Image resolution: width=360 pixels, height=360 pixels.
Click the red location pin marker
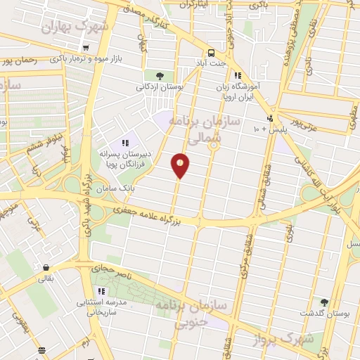(181, 165)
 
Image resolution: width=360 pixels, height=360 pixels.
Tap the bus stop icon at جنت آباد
(210, 53)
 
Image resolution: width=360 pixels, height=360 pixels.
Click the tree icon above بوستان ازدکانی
(160, 76)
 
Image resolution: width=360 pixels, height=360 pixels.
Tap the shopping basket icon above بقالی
(46, 268)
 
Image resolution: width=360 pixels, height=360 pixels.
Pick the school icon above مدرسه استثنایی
(102, 290)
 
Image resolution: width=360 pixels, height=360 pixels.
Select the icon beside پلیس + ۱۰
(270, 119)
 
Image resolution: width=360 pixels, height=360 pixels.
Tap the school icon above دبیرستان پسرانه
(125, 143)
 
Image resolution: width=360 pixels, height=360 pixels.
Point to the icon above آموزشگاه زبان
(238, 75)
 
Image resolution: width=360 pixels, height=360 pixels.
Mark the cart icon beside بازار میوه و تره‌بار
(86, 48)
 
